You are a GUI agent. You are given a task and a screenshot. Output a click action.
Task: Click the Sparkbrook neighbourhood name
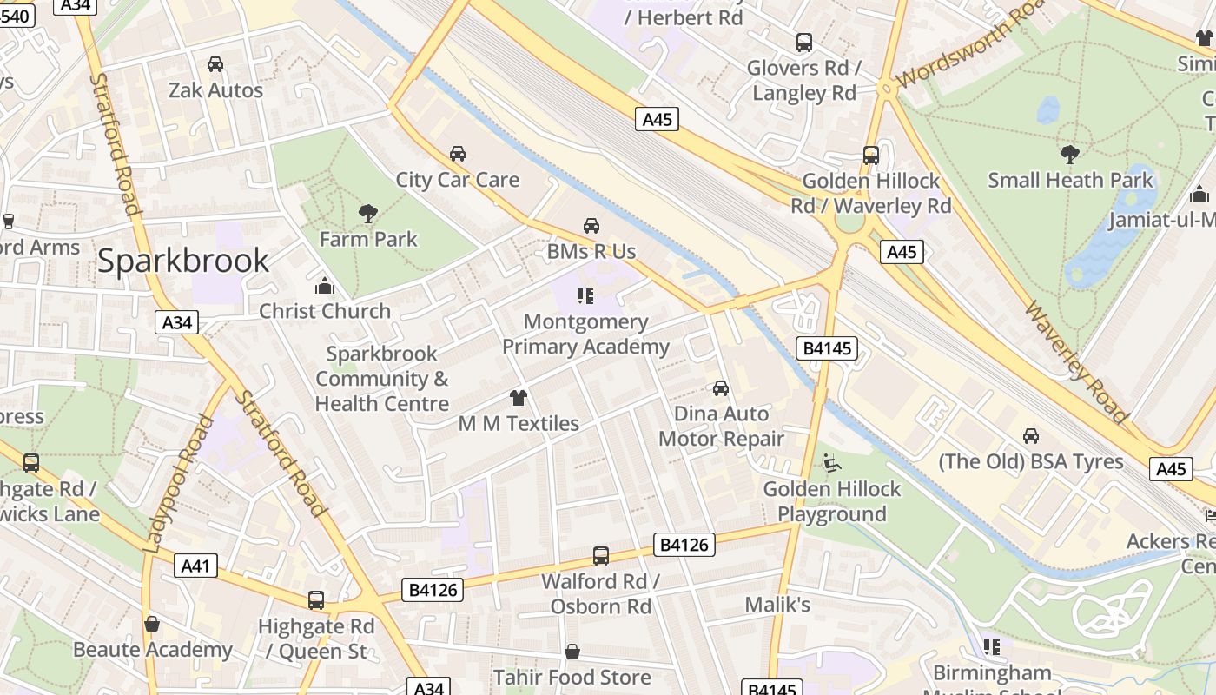pyautogui.click(x=182, y=261)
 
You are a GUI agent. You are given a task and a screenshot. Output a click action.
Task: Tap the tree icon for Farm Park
pyautogui.click(x=368, y=213)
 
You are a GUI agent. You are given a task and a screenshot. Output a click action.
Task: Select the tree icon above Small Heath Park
pyautogui.click(x=1070, y=155)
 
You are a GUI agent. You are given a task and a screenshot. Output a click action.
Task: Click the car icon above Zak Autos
pyautogui.click(x=215, y=64)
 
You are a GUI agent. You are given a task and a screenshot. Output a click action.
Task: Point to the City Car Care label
pyautogui.click(x=457, y=180)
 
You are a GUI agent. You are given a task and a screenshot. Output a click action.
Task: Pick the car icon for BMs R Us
pyautogui.click(x=591, y=226)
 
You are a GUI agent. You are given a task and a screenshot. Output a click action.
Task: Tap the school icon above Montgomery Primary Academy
pyautogui.click(x=585, y=296)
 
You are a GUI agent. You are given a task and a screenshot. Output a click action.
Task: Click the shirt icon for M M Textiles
pyautogui.click(x=519, y=398)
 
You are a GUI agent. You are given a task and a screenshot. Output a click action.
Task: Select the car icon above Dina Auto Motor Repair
pyautogui.click(x=721, y=387)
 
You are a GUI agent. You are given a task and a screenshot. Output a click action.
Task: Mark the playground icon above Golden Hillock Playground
pyautogui.click(x=832, y=463)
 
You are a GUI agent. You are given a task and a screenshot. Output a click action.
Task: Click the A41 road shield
pyautogui.click(x=195, y=566)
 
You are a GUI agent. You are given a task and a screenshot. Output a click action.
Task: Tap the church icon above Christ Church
pyautogui.click(x=325, y=285)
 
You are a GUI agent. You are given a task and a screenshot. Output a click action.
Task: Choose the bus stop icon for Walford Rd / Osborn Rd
pyautogui.click(x=600, y=555)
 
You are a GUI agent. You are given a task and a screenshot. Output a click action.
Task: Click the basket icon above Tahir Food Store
pyautogui.click(x=572, y=652)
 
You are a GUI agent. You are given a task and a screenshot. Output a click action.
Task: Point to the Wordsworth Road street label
pyautogui.click(x=969, y=43)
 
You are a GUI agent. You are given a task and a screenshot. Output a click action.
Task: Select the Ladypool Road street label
pyautogui.click(x=179, y=484)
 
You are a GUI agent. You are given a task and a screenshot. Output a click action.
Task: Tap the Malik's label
pyautogui.click(x=777, y=604)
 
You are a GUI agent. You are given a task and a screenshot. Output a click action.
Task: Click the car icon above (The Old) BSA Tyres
pyautogui.click(x=1031, y=435)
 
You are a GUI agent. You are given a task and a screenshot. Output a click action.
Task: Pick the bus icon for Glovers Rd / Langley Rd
pyautogui.click(x=804, y=42)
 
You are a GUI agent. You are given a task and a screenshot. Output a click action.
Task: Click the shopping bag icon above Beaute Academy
pyautogui.click(x=152, y=624)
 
